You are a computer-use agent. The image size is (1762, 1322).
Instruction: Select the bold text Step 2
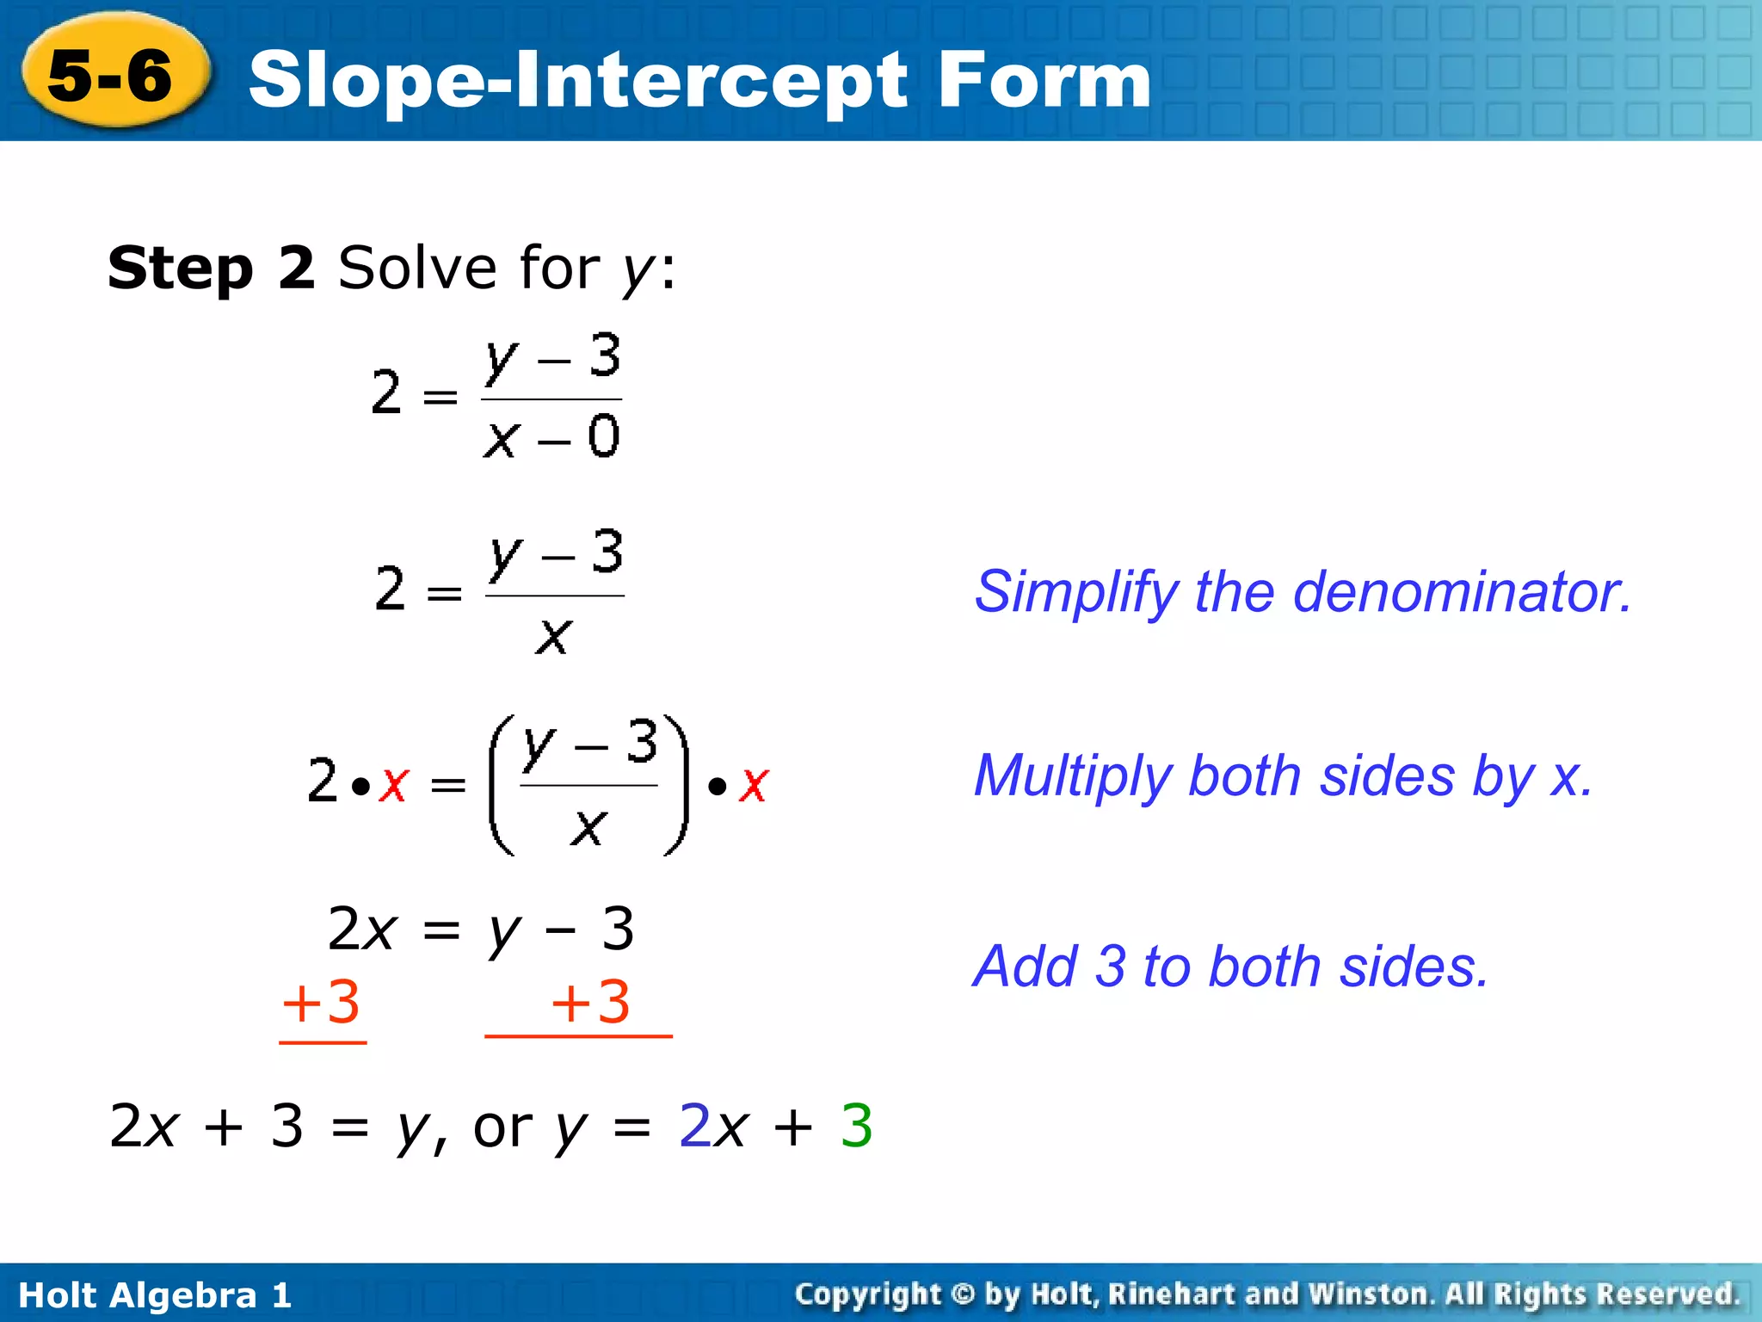coord(211,268)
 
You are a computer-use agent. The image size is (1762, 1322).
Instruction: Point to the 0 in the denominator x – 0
coord(603,436)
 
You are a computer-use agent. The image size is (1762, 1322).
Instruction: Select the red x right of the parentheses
coord(754,785)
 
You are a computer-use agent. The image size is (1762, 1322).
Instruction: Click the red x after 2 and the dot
coord(393,785)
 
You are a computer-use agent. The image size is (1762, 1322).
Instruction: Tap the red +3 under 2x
coord(321,1004)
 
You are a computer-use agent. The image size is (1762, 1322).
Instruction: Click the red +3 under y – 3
coord(591,1004)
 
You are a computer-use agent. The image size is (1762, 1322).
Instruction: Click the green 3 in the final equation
coord(856,1126)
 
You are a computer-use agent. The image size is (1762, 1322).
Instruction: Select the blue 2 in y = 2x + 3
coord(694,1126)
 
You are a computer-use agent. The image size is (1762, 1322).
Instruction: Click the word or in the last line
coord(502,1127)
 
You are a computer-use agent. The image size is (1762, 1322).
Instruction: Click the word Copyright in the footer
coord(868,1294)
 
